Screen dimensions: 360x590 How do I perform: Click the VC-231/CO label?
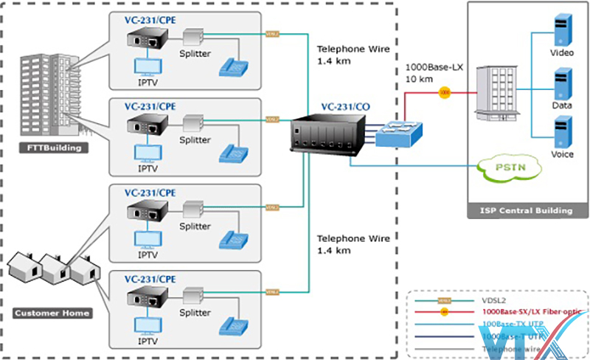(x=346, y=107)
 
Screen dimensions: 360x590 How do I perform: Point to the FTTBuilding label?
(x=50, y=148)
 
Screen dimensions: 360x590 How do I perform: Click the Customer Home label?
(x=52, y=313)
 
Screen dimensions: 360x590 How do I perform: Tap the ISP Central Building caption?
(x=525, y=211)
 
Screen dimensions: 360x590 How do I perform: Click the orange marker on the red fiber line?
(x=445, y=93)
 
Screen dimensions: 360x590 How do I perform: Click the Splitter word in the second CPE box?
(x=195, y=139)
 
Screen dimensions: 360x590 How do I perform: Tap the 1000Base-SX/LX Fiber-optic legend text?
(x=531, y=312)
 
